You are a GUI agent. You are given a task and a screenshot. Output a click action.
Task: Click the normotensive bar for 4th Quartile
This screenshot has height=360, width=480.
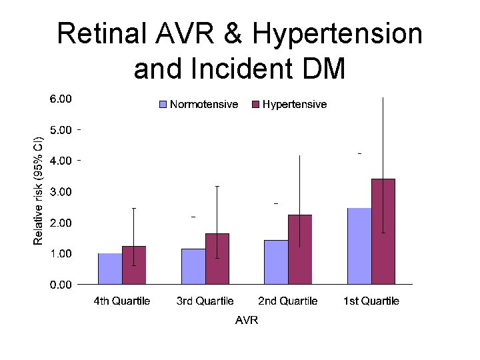click(110, 269)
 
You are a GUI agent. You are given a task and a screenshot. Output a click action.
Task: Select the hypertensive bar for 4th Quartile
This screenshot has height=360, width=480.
click(134, 265)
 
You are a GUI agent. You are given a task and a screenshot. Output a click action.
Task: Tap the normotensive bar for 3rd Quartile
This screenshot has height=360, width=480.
click(193, 267)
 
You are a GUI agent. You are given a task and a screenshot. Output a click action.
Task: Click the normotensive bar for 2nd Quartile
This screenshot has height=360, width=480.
click(276, 262)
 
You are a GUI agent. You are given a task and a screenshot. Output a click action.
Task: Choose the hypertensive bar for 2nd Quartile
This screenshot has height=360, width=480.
click(300, 249)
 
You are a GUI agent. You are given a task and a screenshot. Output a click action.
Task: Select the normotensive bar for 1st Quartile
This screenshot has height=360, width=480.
click(359, 246)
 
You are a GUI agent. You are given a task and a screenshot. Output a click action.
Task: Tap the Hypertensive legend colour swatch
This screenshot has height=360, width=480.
click(255, 105)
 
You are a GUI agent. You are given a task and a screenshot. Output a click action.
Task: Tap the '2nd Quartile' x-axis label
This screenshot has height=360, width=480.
click(288, 301)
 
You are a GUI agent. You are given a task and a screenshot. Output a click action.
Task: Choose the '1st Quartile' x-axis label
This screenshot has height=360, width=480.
click(371, 301)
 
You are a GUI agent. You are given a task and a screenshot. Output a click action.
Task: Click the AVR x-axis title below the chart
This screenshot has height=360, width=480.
click(246, 321)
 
